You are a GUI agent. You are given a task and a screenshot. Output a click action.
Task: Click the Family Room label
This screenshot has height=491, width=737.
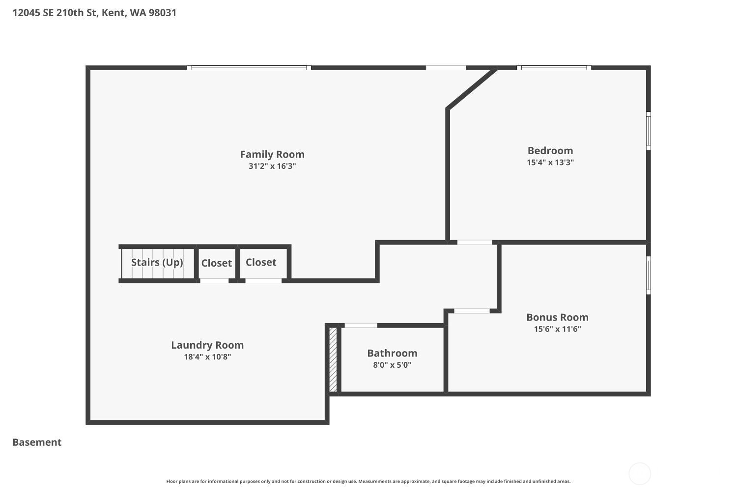click(272, 154)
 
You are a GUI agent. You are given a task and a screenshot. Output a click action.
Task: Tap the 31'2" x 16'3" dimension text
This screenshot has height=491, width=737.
click(272, 166)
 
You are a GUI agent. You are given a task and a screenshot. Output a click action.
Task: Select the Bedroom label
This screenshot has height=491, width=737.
click(550, 151)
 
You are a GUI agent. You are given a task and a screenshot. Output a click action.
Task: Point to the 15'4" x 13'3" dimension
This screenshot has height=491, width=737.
click(550, 163)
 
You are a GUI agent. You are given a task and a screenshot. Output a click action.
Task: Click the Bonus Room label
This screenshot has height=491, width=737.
click(557, 317)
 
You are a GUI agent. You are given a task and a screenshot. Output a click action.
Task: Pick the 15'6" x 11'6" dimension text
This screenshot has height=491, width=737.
click(557, 329)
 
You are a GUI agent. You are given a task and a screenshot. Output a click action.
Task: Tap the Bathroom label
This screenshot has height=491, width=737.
click(392, 353)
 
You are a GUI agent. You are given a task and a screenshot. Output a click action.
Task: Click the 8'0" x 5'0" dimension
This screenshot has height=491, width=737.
click(392, 365)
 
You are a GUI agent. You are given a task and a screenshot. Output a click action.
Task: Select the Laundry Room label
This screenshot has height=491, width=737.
click(207, 345)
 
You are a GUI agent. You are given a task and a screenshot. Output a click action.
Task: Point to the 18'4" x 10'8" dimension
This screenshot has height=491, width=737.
click(207, 357)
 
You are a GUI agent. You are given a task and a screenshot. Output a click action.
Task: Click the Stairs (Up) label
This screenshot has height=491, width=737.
click(157, 262)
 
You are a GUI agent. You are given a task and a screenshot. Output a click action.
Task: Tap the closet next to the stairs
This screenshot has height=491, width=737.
click(216, 263)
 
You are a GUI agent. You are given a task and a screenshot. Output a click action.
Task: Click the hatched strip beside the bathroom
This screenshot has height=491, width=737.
click(333, 359)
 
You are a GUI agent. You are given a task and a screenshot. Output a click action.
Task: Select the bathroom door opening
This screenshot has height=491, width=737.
click(361, 326)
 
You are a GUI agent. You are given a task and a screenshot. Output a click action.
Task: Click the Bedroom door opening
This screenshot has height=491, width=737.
click(474, 242)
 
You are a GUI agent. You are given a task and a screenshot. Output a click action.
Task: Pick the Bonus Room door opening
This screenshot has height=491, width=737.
click(472, 311)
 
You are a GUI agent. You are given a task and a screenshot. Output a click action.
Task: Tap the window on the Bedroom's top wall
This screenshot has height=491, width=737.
click(554, 68)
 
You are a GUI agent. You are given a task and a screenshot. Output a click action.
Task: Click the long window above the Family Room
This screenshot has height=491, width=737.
click(249, 68)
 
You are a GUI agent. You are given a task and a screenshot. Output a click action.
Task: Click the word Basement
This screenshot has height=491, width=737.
click(37, 442)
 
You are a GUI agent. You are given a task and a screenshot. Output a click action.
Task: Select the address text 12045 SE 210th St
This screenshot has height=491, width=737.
click(54, 13)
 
